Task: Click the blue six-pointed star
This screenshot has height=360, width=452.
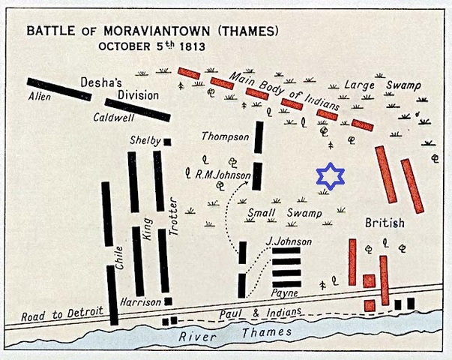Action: click(330, 177)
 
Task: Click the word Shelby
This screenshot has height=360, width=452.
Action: click(145, 141)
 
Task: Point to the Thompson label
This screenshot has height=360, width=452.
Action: click(224, 136)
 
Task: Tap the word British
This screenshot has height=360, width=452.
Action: click(385, 223)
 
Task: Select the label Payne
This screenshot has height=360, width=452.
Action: click(285, 293)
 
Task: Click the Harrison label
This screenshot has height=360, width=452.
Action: click(139, 301)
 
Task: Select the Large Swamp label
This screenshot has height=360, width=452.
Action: click(382, 85)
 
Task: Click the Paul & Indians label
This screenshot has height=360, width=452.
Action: click(259, 312)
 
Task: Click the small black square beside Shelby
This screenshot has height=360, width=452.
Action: click(167, 142)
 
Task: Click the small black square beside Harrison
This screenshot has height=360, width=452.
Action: click(168, 301)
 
